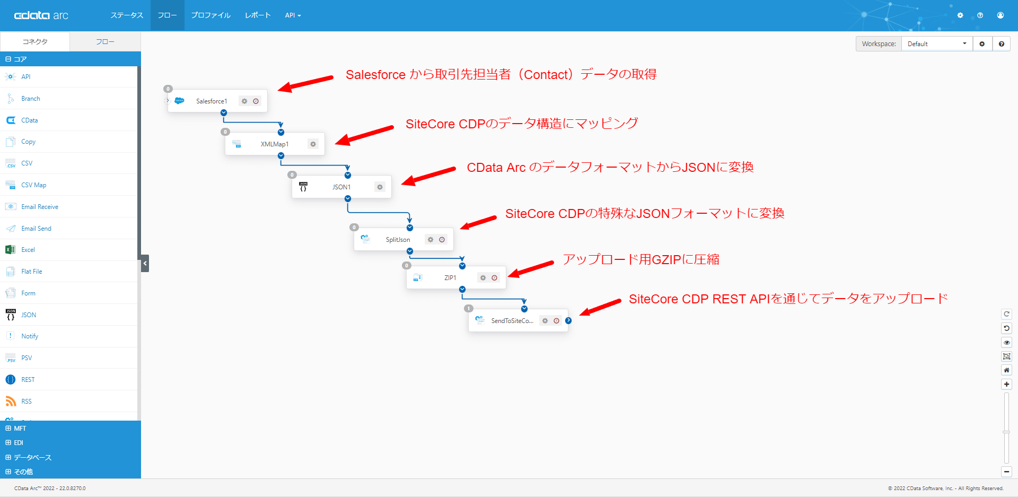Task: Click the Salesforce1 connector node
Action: point(212,101)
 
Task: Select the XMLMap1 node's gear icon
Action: point(313,144)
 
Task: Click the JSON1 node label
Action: point(341,187)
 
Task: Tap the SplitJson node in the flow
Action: point(398,240)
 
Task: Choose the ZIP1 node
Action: point(450,278)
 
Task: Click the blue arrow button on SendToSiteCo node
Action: point(568,321)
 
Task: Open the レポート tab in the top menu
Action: point(258,15)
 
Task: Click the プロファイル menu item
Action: point(211,15)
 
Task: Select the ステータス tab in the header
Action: point(127,15)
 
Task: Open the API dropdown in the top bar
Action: point(293,15)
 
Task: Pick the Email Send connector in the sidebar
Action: point(36,229)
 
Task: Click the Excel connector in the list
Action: point(28,250)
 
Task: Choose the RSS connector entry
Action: point(27,402)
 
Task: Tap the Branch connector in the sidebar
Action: point(31,99)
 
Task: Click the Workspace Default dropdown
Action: point(936,44)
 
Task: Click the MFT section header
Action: point(20,429)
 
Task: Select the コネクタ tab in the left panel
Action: point(35,42)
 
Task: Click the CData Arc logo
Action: point(41,15)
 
